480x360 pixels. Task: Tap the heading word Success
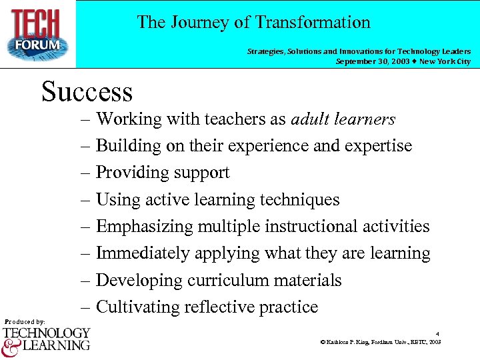(x=87, y=91)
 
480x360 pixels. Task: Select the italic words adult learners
(x=343, y=119)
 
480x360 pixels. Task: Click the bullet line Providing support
(x=163, y=173)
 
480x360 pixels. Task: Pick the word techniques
(x=302, y=200)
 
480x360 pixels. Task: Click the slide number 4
(x=437, y=333)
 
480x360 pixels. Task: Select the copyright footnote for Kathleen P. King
(x=381, y=342)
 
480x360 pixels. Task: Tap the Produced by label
(x=25, y=322)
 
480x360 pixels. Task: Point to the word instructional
(x=311, y=227)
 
